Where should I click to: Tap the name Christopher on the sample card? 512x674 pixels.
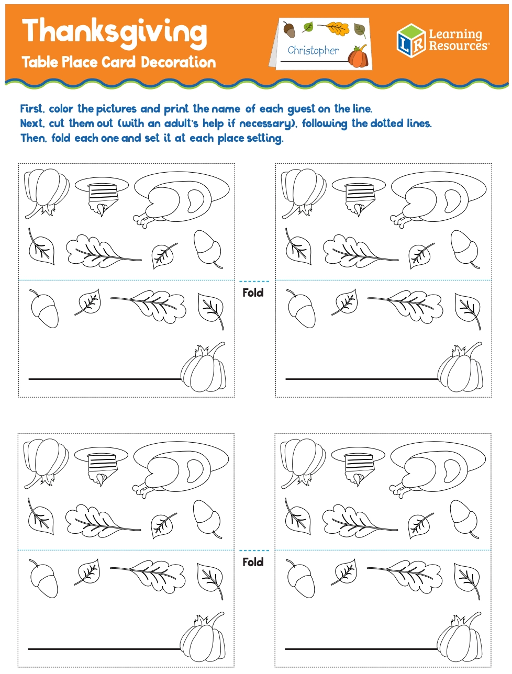click(x=313, y=51)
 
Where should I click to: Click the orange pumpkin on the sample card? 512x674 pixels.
click(x=358, y=57)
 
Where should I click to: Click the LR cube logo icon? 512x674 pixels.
click(x=410, y=40)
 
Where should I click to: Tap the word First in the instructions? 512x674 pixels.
click(x=31, y=109)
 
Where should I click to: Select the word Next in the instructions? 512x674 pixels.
click(x=31, y=123)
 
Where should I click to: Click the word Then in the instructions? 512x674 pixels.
click(x=32, y=138)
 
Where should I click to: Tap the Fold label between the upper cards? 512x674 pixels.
click(x=253, y=293)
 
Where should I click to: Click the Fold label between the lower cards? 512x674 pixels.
click(x=253, y=562)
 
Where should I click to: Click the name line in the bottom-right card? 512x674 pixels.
click(x=361, y=649)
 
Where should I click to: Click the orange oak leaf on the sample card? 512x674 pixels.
click(x=335, y=28)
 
